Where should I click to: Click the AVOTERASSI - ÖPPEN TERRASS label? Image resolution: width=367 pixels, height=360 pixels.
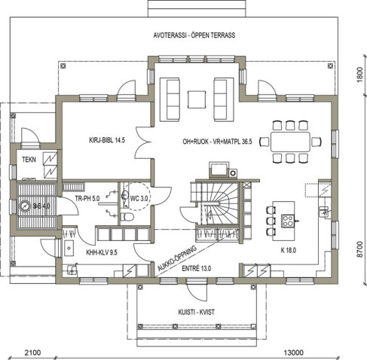pos(194,35)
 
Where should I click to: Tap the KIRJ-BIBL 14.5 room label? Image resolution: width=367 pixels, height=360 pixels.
pos(107,140)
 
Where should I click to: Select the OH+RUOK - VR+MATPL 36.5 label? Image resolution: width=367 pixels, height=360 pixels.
pos(217,142)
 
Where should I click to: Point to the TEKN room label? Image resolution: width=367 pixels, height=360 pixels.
pos(29,160)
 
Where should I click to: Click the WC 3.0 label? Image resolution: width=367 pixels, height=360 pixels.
pos(139,198)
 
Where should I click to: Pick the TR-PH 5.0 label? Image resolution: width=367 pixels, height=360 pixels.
pos(87,198)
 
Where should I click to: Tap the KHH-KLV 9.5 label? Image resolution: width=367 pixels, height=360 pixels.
pos(102,252)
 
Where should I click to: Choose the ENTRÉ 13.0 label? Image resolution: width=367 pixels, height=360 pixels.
pos(196,268)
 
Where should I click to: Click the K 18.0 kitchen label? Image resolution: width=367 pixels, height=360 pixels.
pos(288,250)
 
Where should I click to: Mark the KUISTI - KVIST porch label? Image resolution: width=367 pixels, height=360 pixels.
pos(196,312)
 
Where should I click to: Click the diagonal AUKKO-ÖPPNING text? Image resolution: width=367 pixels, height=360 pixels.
pos(177,258)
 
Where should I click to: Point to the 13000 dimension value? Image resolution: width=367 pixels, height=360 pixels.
pos(293,352)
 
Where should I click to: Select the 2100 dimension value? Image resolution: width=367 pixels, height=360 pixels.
pos(32,352)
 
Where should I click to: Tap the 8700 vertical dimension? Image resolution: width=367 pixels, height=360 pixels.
pos(359,249)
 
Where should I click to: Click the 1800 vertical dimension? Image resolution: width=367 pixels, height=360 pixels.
pos(359,75)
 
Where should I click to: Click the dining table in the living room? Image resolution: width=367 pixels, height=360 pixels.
pos(290,142)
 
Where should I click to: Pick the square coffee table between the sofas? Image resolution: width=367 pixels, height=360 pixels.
pos(197,99)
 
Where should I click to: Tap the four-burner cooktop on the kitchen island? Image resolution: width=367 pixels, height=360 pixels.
pos(288,221)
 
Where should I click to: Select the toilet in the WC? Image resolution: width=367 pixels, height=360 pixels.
pos(127,217)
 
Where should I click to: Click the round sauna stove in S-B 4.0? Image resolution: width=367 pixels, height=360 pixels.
pos(25,206)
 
